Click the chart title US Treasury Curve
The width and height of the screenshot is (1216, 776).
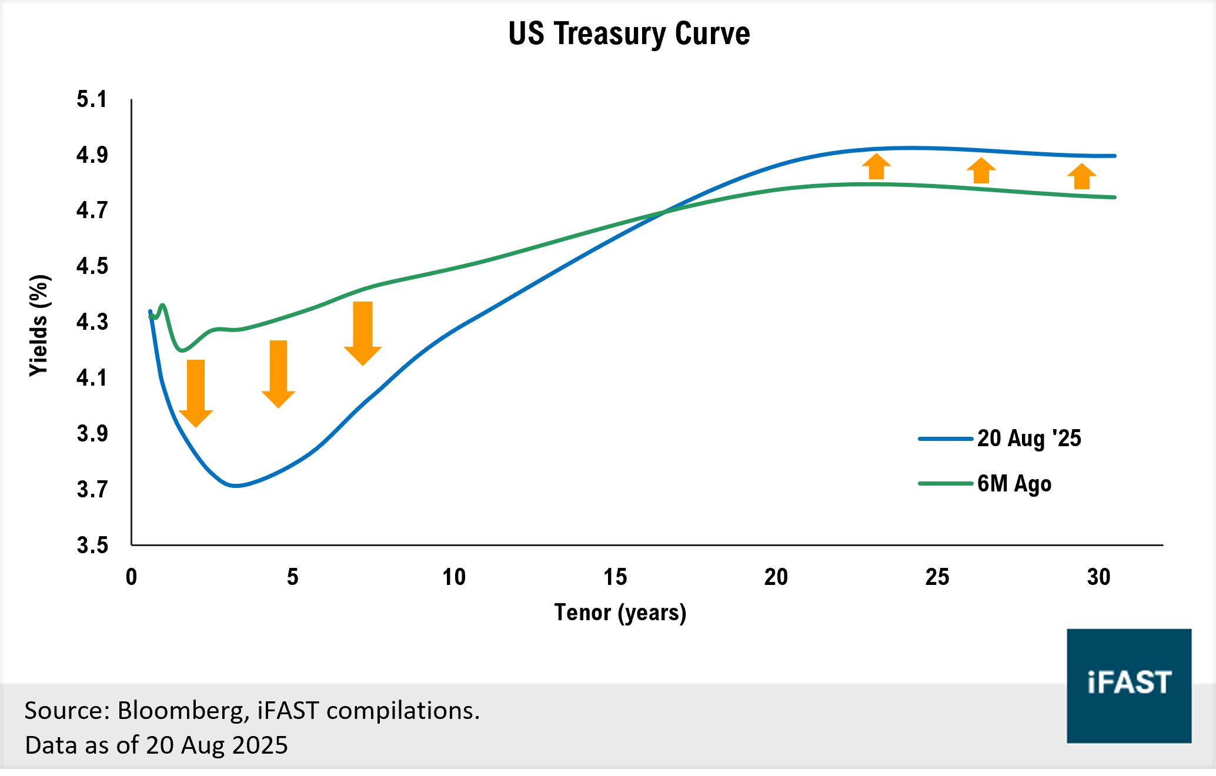[629, 34]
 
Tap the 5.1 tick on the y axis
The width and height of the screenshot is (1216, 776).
[92, 99]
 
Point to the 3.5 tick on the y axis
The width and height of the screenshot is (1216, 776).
[92, 545]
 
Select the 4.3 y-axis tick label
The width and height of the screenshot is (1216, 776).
[92, 322]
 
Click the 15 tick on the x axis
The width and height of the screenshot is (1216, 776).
[615, 577]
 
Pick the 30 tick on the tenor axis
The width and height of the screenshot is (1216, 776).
[1098, 577]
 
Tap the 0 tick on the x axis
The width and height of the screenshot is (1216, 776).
[132, 577]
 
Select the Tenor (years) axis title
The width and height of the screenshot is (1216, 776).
[620, 613]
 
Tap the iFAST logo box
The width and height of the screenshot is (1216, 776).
[1129, 685]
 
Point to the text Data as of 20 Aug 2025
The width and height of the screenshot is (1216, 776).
[156, 745]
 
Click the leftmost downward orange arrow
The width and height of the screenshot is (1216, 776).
[196, 393]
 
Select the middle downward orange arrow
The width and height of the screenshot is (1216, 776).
[278, 374]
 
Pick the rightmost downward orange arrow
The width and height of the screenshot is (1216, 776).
[363, 333]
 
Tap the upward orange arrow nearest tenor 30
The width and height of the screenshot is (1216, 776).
[1081, 176]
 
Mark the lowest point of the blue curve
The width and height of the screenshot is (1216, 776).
[236, 486]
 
